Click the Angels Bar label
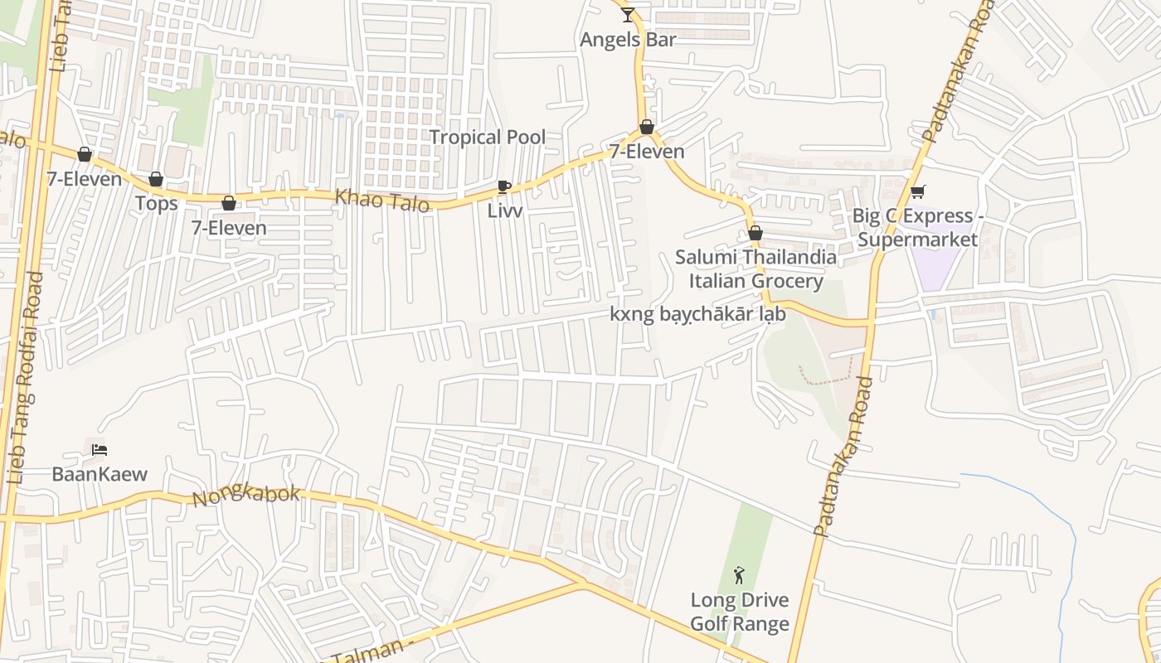(628, 39)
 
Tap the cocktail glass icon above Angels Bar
(628, 14)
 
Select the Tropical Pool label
(488, 137)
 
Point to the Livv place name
(505, 211)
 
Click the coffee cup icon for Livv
(503, 187)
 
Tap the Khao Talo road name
(382, 200)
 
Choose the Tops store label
(156, 203)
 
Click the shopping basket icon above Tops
(156, 179)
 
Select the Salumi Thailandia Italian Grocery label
(755, 269)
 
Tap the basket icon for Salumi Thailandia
(755, 233)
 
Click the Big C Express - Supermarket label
(918, 228)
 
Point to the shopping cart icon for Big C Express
(917, 192)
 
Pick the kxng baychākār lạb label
(697, 314)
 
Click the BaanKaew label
(100, 474)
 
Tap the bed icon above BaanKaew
(100, 450)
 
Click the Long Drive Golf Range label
(740, 612)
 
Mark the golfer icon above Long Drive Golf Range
(739, 575)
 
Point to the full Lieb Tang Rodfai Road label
(25, 378)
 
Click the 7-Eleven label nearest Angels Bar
(647, 151)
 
